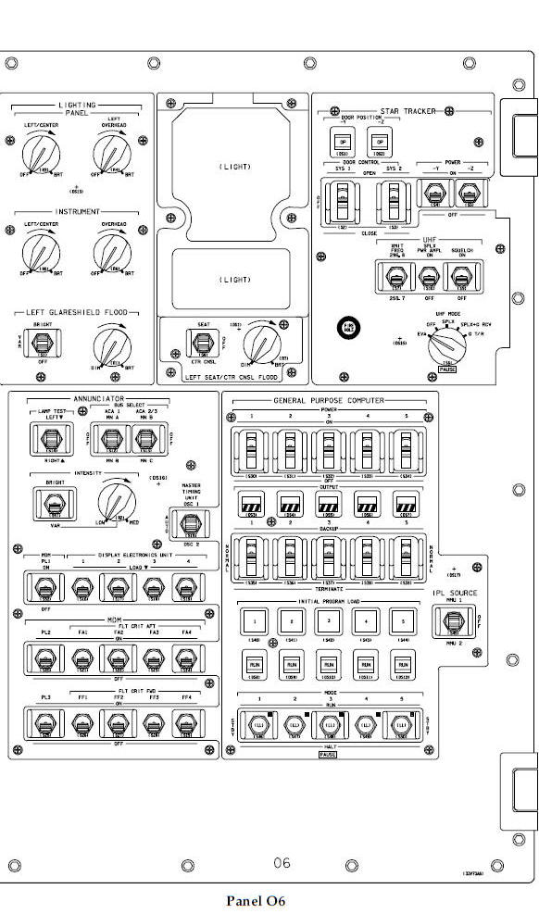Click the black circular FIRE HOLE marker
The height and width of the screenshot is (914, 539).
(351, 328)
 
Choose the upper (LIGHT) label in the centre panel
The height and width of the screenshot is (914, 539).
(233, 167)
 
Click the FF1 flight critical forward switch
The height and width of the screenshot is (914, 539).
(81, 724)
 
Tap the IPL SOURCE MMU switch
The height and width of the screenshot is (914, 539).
(455, 618)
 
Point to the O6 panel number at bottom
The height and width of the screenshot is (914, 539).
(282, 862)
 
